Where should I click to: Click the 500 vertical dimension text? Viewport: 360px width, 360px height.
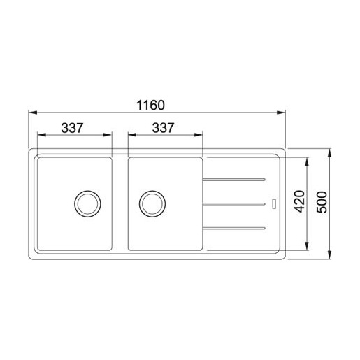[x=322, y=203]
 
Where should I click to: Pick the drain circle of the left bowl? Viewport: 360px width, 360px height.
[x=87, y=203]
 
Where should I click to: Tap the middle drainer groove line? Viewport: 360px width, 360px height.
[x=234, y=204]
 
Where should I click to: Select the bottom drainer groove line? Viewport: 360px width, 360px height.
[x=234, y=228]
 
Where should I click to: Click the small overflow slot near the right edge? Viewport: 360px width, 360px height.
[x=273, y=204]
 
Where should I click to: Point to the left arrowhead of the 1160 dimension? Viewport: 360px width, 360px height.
[x=33, y=112]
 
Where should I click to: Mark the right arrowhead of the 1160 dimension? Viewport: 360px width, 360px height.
[x=282, y=112]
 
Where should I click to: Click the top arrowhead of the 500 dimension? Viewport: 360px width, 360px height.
[x=331, y=151]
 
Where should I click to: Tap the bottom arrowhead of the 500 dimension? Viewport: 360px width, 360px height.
[x=331, y=256]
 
